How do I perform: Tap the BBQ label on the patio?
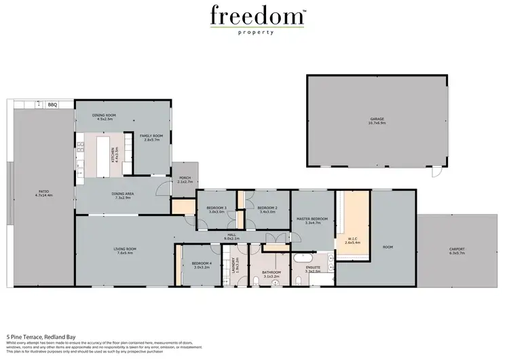tap(52, 105)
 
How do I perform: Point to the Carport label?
tap(457, 250)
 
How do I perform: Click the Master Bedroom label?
tap(312, 219)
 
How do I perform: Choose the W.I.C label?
tap(352, 239)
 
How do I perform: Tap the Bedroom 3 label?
tap(217, 209)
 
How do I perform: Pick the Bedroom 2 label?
tap(268, 209)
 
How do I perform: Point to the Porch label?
tap(185, 181)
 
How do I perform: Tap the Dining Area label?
tap(122, 195)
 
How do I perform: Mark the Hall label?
tap(231, 237)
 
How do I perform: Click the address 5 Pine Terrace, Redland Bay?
tap(41, 336)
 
